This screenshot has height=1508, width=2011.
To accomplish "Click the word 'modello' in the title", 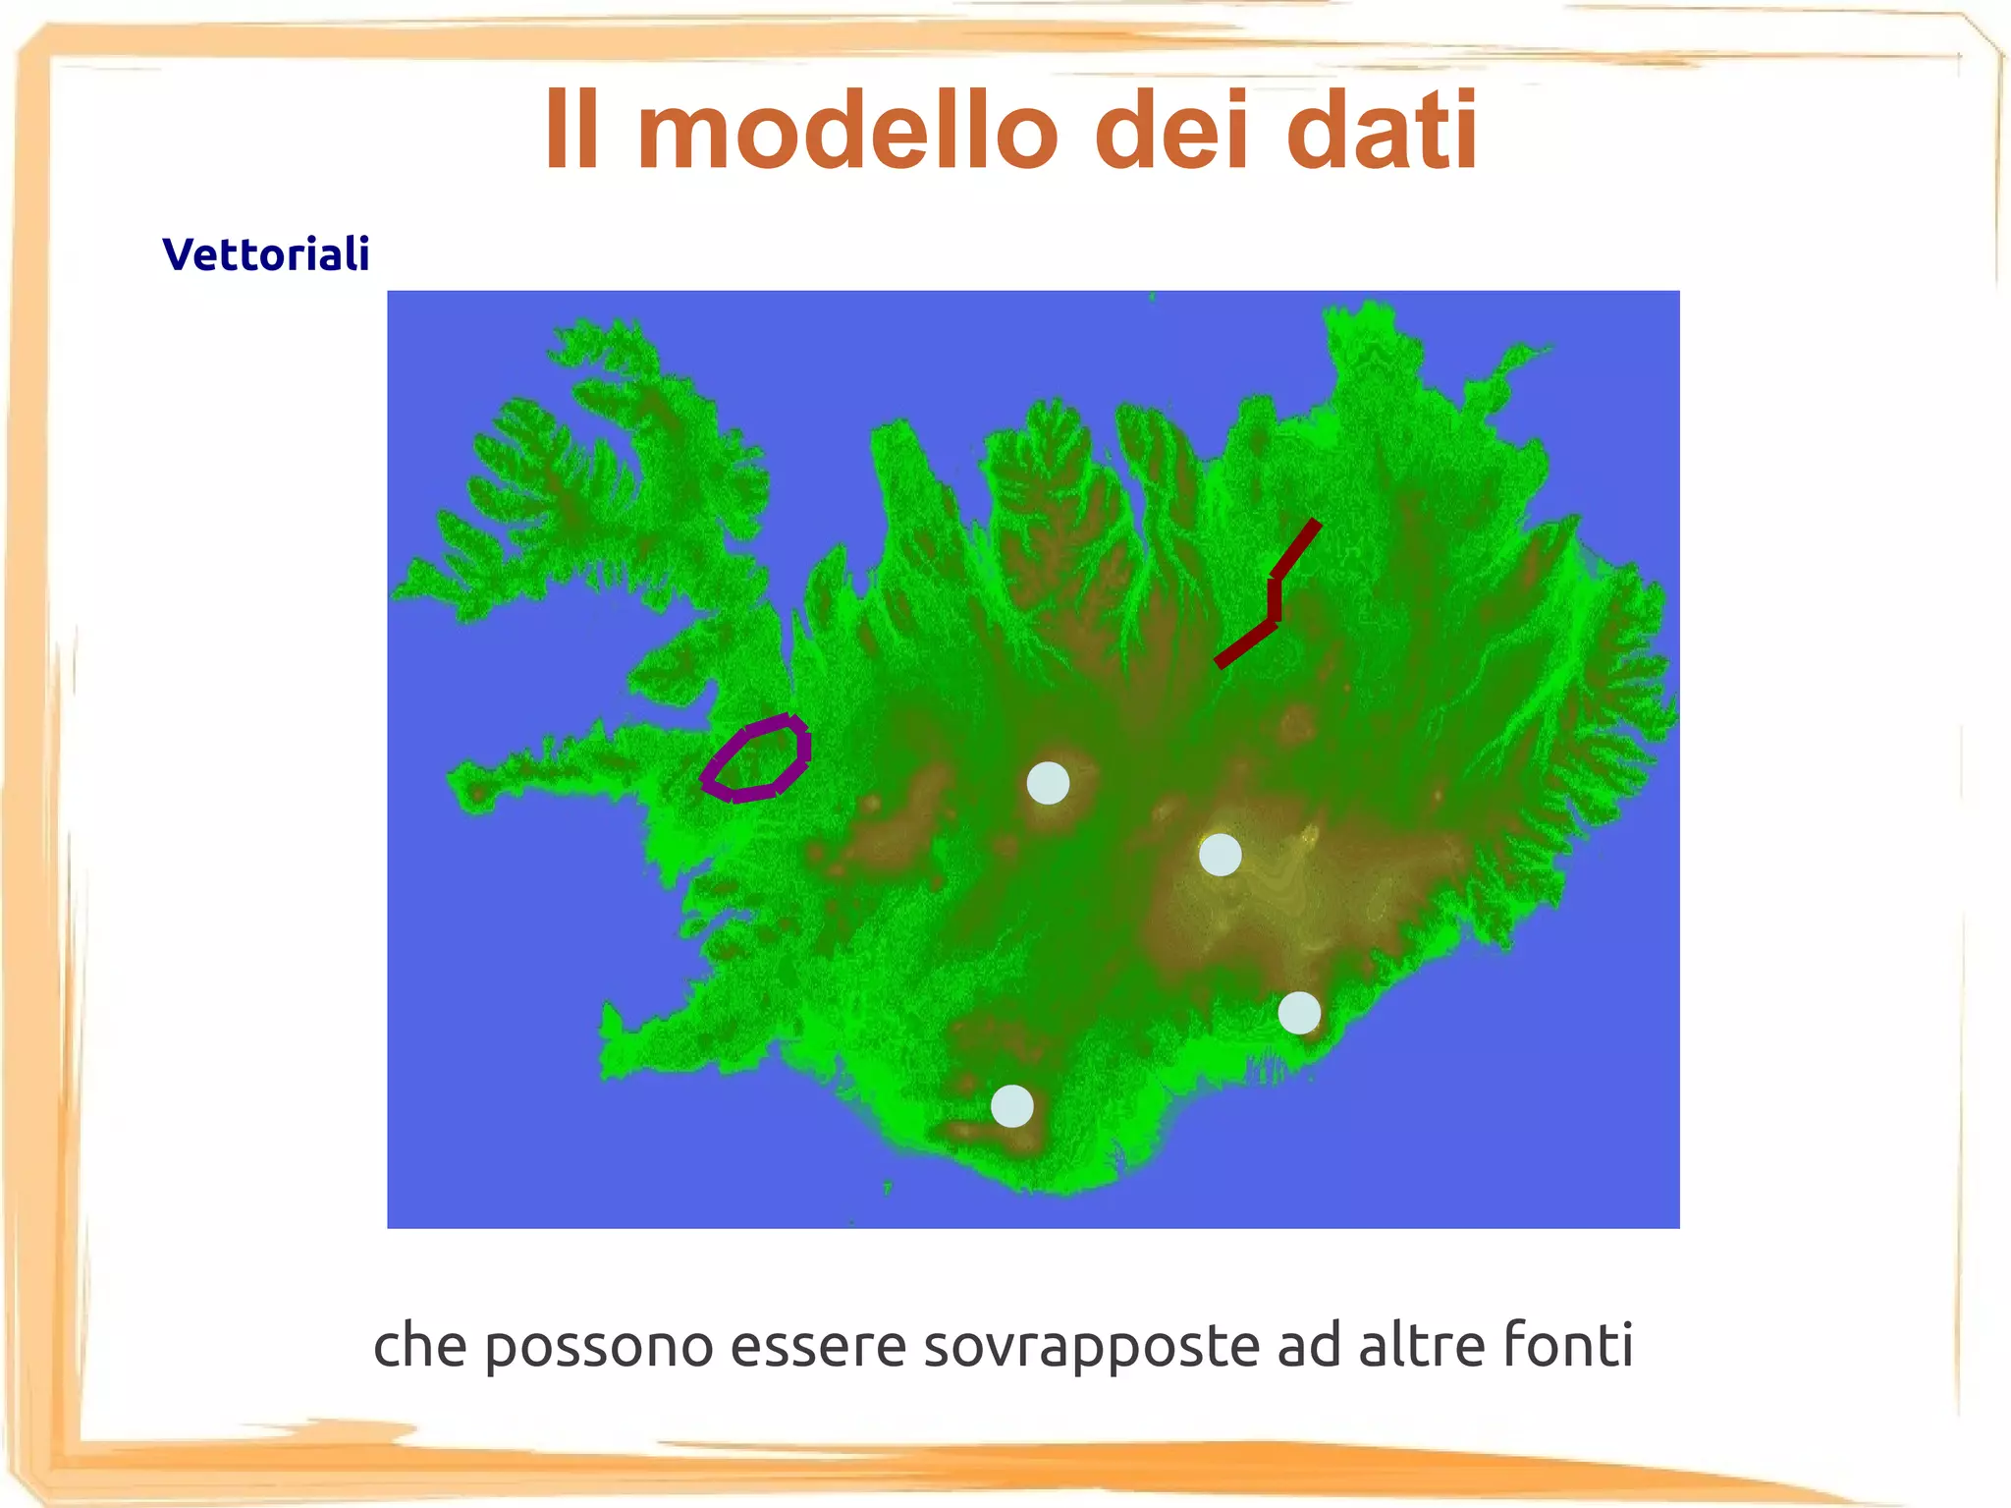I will coord(847,130).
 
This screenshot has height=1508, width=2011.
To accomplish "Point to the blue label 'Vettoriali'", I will coord(266,253).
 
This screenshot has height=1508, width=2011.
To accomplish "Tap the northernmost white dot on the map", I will coord(1048,783).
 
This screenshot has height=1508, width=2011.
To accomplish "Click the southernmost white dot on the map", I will coord(1012,1105).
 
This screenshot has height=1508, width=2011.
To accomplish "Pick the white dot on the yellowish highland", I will coord(1221,855).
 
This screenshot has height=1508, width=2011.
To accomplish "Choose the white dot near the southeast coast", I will coord(1299,1013).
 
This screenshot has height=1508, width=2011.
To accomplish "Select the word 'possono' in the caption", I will coord(599,1346).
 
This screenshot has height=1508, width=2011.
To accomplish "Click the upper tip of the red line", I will coord(1315,524).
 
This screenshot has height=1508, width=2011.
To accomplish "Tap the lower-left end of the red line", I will coord(1220,664).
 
